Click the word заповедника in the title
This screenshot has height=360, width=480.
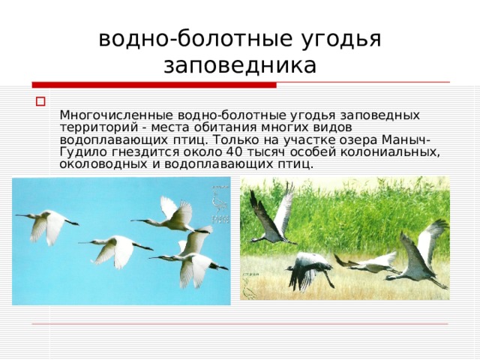coord(240,64)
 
